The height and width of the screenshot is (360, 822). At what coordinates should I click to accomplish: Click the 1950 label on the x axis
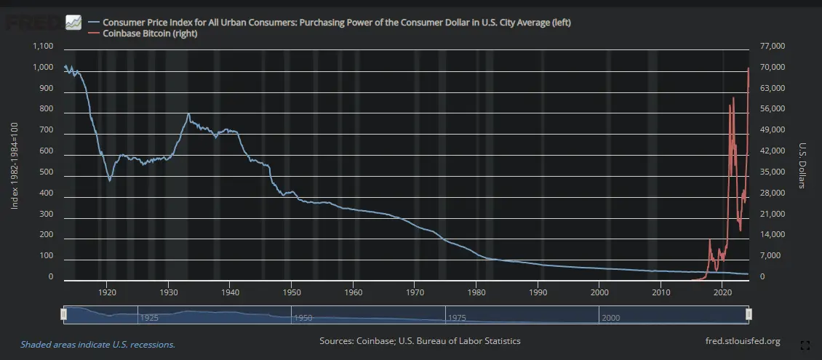coord(291,292)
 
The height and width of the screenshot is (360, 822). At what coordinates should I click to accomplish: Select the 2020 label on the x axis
coord(722,292)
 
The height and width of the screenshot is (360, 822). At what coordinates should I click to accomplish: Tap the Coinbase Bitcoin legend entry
coord(150,33)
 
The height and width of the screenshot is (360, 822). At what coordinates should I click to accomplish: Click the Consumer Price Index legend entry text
coord(337,23)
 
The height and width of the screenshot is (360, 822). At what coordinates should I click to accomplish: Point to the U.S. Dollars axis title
coord(802,165)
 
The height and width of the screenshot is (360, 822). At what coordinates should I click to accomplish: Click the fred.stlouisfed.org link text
coord(743,341)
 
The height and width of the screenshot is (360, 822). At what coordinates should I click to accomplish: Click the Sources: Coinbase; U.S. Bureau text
coord(420,341)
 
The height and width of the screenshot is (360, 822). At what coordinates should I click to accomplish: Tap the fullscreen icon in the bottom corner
coord(805,345)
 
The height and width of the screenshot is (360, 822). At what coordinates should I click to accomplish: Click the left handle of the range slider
coord(63,314)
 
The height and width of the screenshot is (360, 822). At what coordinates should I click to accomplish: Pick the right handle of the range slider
coord(749,314)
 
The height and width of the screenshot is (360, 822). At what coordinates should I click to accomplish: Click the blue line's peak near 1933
coord(188,113)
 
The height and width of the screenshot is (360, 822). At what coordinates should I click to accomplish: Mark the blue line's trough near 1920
coord(110,180)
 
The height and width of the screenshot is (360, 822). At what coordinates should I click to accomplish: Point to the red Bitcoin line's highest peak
coord(749,68)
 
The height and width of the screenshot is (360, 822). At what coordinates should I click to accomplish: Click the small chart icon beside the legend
coord(73,23)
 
